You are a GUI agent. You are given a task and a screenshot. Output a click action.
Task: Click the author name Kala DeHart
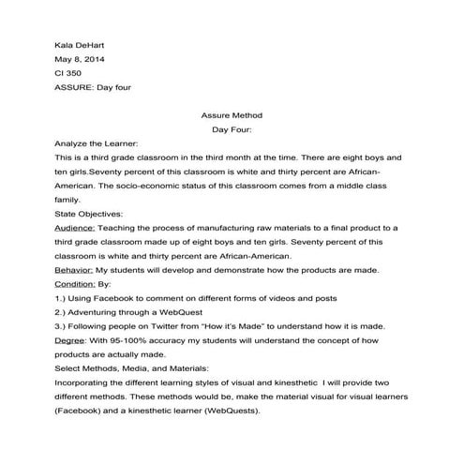[79, 44]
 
